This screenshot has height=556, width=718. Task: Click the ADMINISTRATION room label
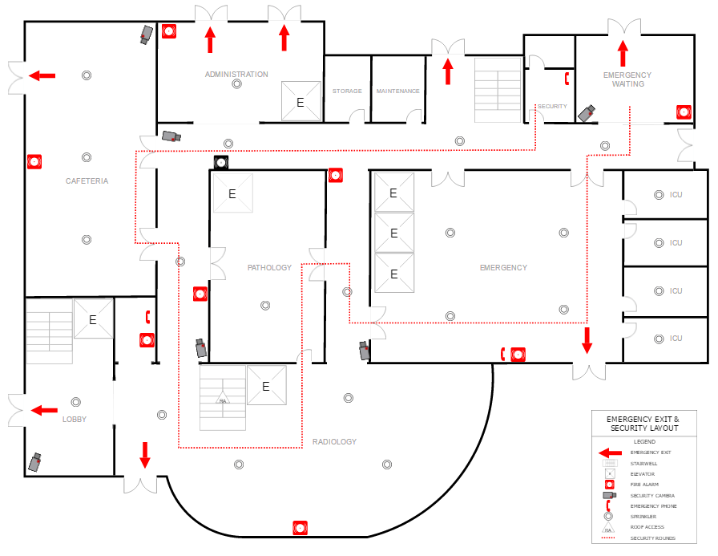pyautogui.click(x=236, y=75)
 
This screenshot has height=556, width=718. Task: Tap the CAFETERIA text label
pyautogui.click(x=87, y=181)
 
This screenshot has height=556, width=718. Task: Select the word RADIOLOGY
pyautogui.click(x=334, y=442)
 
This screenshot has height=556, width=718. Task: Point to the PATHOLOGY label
pyautogui.click(x=269, y=267)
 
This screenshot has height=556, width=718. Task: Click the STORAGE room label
pyautogui.click(x=347, y=91)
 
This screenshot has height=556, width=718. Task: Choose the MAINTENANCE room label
pyautogui.click(x=398, y=91)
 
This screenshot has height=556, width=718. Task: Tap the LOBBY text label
pyautogui.click(x=75, y=420)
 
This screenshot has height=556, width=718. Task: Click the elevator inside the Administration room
pyautogui.click(x=301, y=102)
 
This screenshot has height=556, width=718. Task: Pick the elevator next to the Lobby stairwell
pyautogui.click(x=93, y=319)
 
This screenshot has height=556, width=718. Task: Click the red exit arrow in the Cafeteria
pyautogui.click(x=42, y=75)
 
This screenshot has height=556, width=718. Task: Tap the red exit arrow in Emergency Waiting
pyautogui.click(x=623, y=54)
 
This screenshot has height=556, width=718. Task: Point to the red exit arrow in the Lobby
pyautogui.click(x=43, y=410)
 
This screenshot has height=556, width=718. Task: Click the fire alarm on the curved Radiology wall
pyautogui.click(x=301, y=528)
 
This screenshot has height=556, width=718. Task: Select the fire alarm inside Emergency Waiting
pyautogui.click(x=683, y=112)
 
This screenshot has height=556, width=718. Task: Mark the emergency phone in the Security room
pyautogui.click(x=567, y=78)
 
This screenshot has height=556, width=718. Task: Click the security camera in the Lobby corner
pyautogui.click(x=35, y=462)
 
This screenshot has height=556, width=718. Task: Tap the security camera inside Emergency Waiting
pyautogui.click(x=588, y=113)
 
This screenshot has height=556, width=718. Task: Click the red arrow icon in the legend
pyautogui.click(x=610, y=453)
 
